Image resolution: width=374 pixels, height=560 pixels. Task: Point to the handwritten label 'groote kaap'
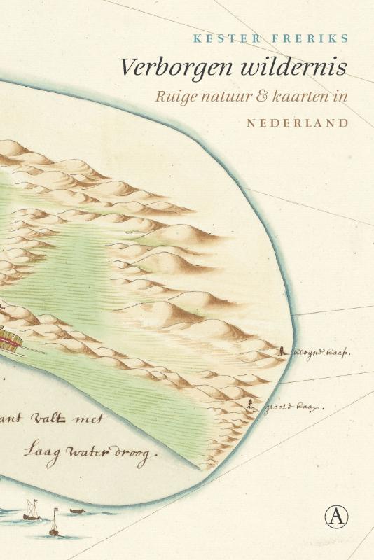point(292,406)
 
